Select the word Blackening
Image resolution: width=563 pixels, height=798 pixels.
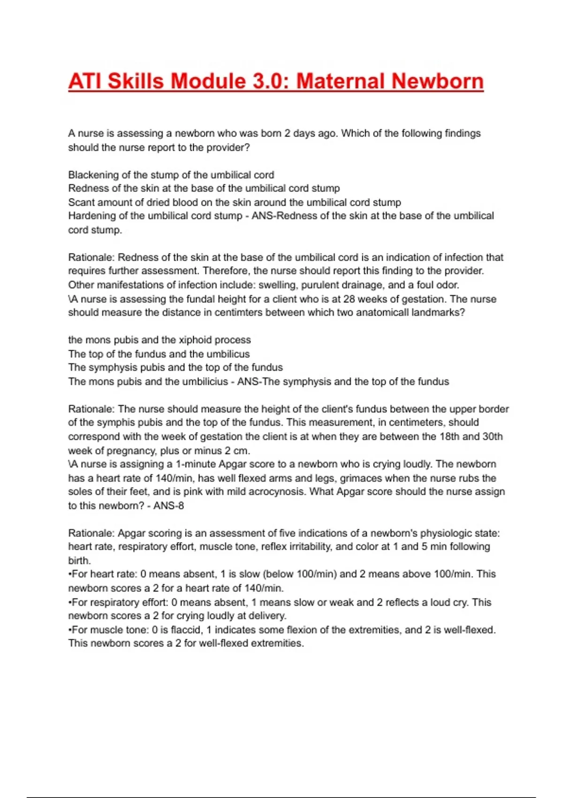[92, 175]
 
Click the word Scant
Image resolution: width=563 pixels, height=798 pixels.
[81, 202]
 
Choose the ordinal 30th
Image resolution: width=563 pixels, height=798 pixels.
[492, 437]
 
